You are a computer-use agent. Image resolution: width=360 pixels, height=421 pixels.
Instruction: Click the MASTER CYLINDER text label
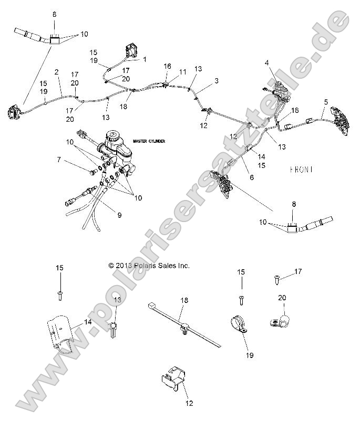149,141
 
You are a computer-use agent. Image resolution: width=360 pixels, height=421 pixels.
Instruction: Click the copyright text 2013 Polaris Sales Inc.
149,266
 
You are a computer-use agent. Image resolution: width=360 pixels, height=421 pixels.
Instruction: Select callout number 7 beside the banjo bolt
59,159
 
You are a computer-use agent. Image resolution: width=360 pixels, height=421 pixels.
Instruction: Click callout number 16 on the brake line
167,66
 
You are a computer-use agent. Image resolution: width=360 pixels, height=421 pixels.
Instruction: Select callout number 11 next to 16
182,71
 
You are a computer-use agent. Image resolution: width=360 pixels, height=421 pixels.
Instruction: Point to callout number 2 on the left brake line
57,71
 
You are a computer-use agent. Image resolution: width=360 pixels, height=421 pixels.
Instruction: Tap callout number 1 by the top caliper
145,59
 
